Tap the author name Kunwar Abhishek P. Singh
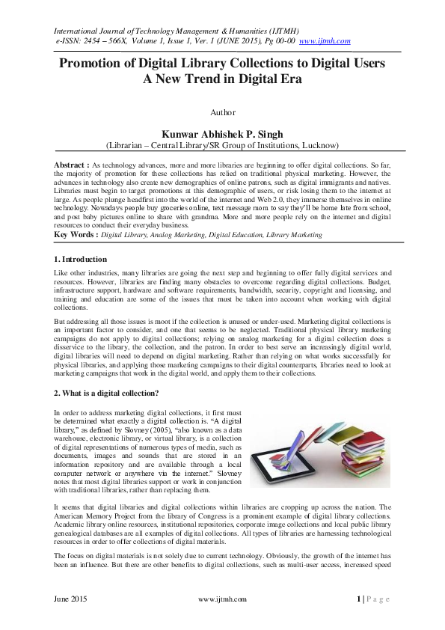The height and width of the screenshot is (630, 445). click(x=223, y=133)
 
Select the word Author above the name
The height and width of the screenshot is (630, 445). click(x=223, y=113)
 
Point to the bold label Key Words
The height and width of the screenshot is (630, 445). click(x=75, y=235)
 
